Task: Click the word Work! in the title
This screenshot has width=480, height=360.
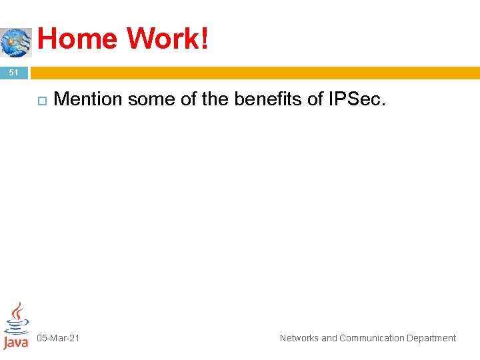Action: (x=168, y=39)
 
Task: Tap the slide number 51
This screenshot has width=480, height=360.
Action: (x=14, y=72)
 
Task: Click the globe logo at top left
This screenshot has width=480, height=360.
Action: (x=15, y=42)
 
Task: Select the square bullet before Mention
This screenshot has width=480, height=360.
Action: (x=40, y=100)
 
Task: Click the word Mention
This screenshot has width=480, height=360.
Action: (x=88, y=99)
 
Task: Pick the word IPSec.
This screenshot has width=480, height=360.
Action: (x=357, y=99)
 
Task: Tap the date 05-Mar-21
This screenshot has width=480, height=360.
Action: (x=58, y=338)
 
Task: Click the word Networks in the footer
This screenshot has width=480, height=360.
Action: (x=299, y=338)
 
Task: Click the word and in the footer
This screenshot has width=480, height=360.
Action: (x=329, y=338)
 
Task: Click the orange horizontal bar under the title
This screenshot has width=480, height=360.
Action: (x=253, y=72)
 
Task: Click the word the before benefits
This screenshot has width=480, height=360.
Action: (x=213, y=99)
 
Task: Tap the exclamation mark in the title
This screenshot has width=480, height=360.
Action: (x=204, y=39)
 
